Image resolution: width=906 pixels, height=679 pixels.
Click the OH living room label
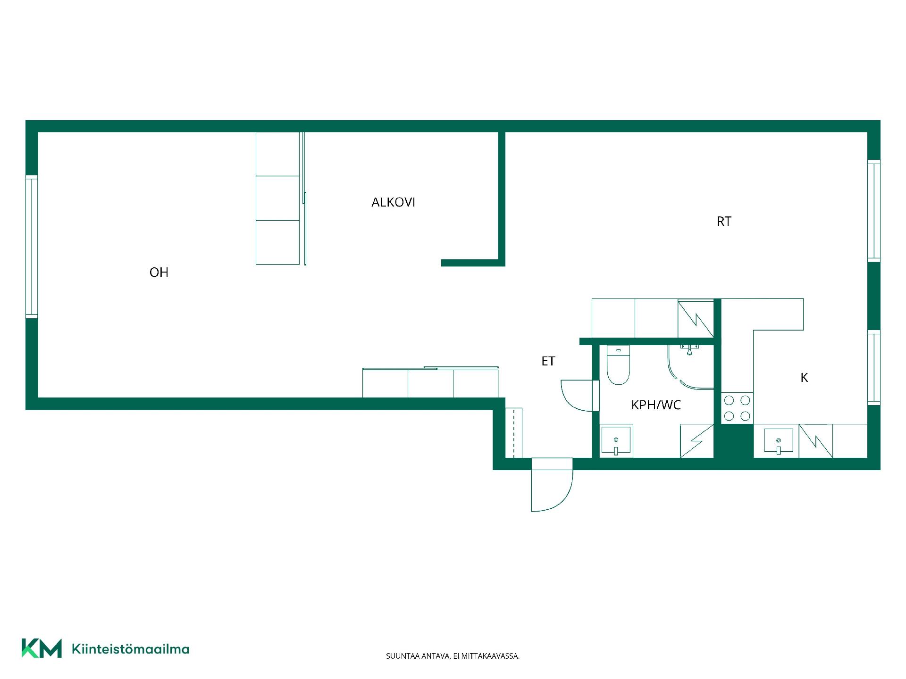pos(159,273)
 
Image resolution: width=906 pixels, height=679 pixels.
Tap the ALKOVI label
pos(393,202)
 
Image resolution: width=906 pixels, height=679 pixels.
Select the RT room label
pos(724,222)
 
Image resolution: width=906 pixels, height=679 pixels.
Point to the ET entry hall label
pos(548,361)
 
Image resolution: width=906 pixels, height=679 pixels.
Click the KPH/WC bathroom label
pos(656,405)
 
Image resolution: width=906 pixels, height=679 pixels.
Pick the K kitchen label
pos(805,378)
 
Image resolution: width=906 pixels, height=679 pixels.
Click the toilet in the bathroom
pos(618,365)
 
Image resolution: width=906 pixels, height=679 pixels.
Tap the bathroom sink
pos(616,441)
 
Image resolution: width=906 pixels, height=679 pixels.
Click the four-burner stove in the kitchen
pos(737,408)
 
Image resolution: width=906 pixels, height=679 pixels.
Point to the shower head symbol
pos(689,349)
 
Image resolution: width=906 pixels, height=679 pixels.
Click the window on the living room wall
pos(31,246)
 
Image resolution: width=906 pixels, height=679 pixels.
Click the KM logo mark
pos(42,648)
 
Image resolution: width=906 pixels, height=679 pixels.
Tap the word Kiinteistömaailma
pos(130,649)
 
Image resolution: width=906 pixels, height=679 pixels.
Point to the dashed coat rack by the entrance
pos(513,433)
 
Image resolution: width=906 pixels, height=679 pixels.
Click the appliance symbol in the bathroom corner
pos(696,441)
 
